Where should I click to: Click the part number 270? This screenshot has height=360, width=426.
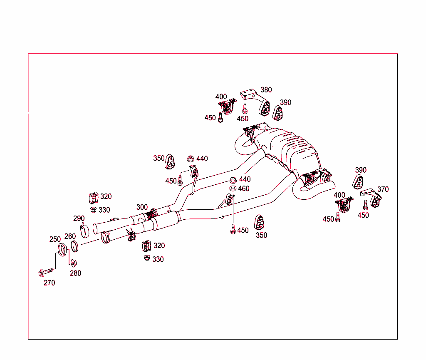49,283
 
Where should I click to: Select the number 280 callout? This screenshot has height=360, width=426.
75,273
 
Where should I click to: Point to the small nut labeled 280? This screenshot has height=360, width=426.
74,263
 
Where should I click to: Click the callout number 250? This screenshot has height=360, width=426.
55,239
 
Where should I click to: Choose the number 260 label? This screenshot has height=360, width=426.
70,236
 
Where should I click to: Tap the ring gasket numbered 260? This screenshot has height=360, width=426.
74,246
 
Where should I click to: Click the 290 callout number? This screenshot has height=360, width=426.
79,218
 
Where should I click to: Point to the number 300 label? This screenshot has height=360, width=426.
142,207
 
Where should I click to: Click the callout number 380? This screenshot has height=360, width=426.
266,89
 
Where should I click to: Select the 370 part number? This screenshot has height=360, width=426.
383,189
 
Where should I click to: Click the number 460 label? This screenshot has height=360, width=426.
244,189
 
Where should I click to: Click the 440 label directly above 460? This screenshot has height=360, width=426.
245,179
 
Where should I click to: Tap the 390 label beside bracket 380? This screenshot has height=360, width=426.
286,102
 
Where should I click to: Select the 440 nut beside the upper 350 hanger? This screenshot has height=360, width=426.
191,159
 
